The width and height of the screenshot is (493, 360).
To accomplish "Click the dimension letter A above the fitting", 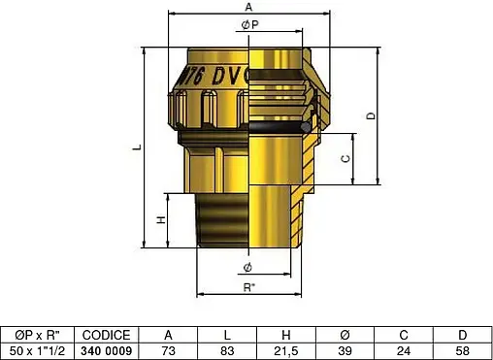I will (249, 7).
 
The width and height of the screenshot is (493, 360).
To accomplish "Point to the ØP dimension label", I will (248, 26).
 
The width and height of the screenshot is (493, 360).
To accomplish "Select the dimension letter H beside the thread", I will (161, 219).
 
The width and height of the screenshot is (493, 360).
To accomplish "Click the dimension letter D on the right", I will (371, 115).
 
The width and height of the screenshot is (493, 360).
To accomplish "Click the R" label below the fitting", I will (249, 287).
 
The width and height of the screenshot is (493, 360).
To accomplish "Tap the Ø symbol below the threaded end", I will (248, 266).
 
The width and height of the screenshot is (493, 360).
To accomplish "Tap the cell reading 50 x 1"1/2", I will (35, 349).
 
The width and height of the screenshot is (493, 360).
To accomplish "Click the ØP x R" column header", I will (35, 334).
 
